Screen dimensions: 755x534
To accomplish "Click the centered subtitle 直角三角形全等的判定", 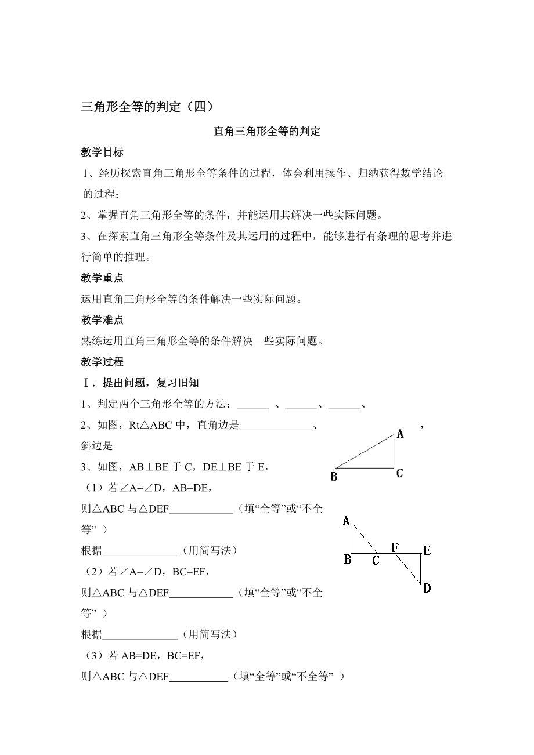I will coord(267,132).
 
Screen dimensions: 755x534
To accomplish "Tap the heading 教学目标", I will coord(102,153).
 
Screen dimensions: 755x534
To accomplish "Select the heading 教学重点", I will coord(102,278).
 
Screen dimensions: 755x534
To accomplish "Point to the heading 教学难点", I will coord(102,320).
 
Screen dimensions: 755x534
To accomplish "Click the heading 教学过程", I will coord(102,362).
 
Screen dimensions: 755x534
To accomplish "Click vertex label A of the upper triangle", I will coord(400,434).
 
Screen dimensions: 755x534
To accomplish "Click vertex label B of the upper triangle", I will coord(334,477).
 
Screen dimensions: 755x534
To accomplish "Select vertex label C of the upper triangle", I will coord(400,474).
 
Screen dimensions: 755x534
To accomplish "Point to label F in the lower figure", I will coord(395,547).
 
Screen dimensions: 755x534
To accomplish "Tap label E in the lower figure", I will coord(427,550).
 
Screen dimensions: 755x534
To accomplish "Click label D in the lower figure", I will coord(427,589).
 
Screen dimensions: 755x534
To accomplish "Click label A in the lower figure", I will coord(346,521).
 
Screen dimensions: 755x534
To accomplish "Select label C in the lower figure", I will coord(376,560).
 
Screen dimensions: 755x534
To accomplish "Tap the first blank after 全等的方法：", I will coord(253,405).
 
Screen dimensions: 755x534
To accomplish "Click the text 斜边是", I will coord(97,446).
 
